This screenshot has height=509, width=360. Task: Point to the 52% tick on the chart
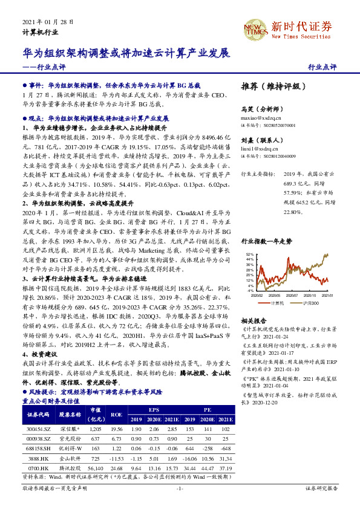(250, 254)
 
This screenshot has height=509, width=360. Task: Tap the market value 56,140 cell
(96, 467)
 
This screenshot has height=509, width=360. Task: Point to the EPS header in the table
(154, 409)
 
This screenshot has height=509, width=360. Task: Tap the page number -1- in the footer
(179, 488)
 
